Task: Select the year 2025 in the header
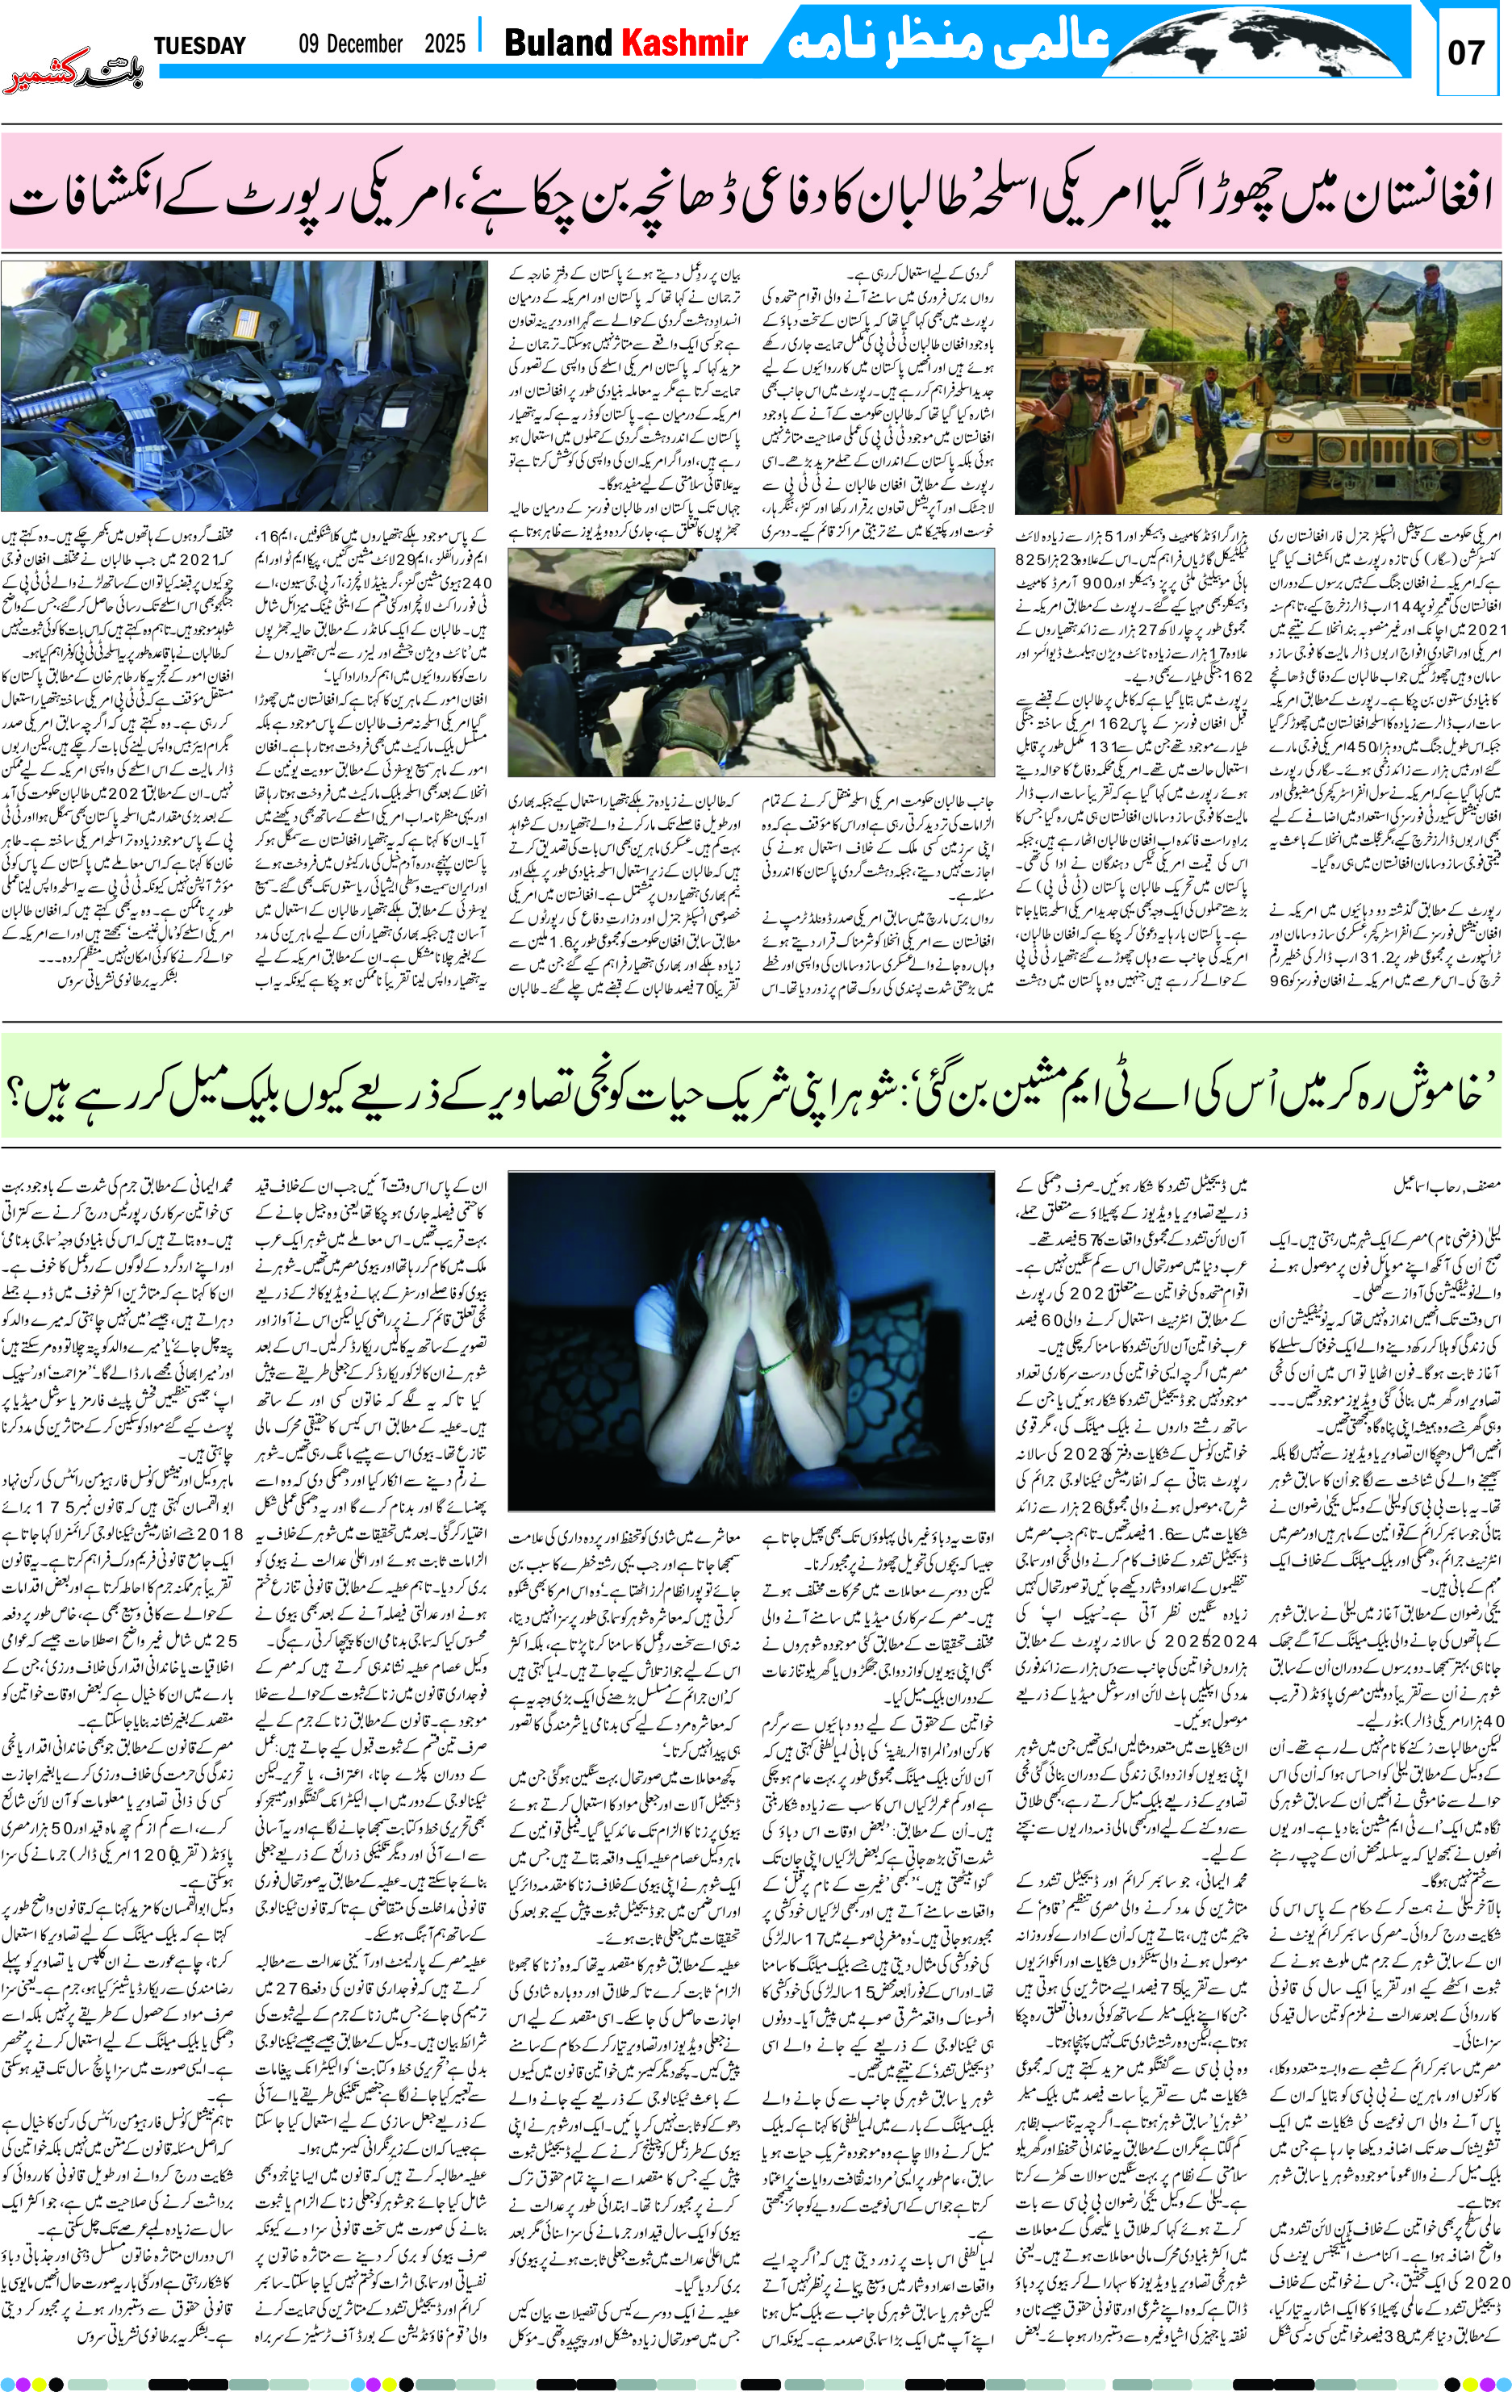click(x=444, y=44)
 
